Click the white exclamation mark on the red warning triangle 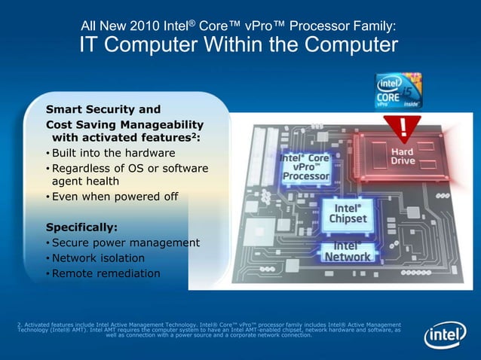pyautogui.click(x=406, y=126)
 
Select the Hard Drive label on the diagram pyautogui.click(x=403, y=156)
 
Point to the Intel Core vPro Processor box pyautogui.click(x=305, y=168)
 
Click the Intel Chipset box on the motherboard pyautogui.click(x=348, y=212)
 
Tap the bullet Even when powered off pyautogui.click(x=115, y=197)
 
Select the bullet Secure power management pyautogui.click(x=126, y=243)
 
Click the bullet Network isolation pyautogui.click(x=98, y=258)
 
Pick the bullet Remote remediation pyautogui.click(x=106, y=273)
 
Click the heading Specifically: pyautogui.click(x=81, y=227)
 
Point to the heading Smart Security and pyautogui.click(x=103, y=108)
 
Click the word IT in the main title pyautogui.click(x=90, y=47)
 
